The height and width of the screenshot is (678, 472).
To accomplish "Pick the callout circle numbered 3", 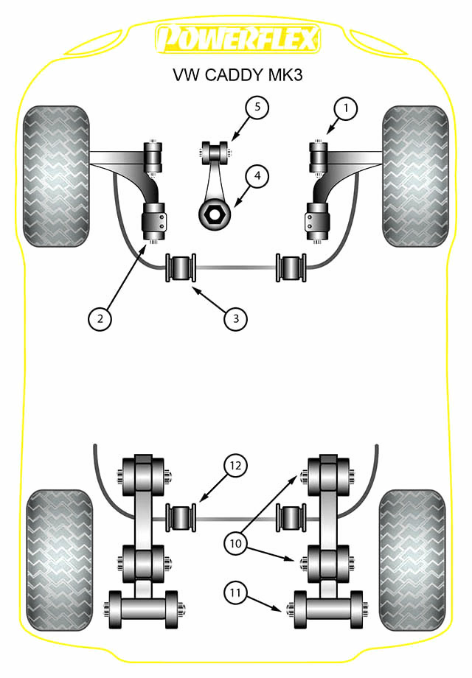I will point(236,318).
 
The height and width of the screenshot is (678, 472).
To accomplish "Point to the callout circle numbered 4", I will point(257,177).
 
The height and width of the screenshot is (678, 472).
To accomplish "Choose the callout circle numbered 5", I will point(257,108).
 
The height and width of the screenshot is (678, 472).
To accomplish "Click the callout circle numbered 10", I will point(236,543).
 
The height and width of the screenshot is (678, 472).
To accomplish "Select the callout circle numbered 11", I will point(236,592).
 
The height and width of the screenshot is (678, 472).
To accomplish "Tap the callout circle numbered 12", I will point(235,466).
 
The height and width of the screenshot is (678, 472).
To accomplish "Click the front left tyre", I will point(57,176).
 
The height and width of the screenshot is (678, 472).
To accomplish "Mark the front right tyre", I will point(415,176).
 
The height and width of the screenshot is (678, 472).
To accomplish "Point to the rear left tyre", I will point(59,560).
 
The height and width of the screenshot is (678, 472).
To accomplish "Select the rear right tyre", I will point(412,560).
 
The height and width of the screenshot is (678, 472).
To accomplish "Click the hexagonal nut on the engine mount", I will point(215,214).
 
